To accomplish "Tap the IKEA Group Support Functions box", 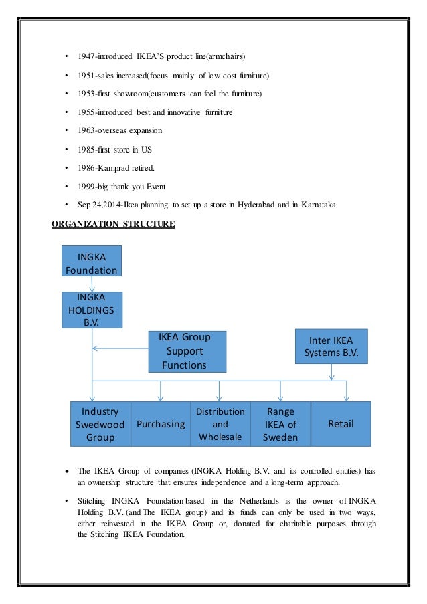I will tap(187, 351).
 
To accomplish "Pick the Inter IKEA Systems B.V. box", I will tap(331, 346).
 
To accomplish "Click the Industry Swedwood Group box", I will tap(100, 424).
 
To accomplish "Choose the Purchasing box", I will tap(160, 424).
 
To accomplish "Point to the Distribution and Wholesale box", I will tap(220, 424).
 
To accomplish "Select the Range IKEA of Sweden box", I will tap(280, 424).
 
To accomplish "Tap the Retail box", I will tap(340, 424).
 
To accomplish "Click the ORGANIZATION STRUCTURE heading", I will tap(113, 225).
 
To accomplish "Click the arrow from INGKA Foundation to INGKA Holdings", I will tap(92, 284).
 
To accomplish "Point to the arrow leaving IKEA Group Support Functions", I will tap(120, 348).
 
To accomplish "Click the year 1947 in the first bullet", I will tap(87, 54).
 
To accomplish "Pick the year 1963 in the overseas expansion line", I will tap(87, 129).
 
